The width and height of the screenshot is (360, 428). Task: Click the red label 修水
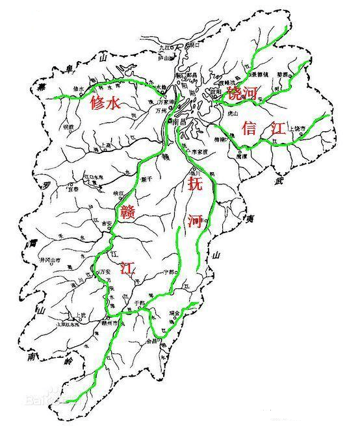tap(105, 103)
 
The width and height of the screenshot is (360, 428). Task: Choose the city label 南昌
tap(180, 121)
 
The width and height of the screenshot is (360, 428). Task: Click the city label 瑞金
tap(172, 312)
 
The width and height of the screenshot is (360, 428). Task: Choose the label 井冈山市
tap(50, 260)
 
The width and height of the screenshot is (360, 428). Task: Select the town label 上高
tap(107, 145)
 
